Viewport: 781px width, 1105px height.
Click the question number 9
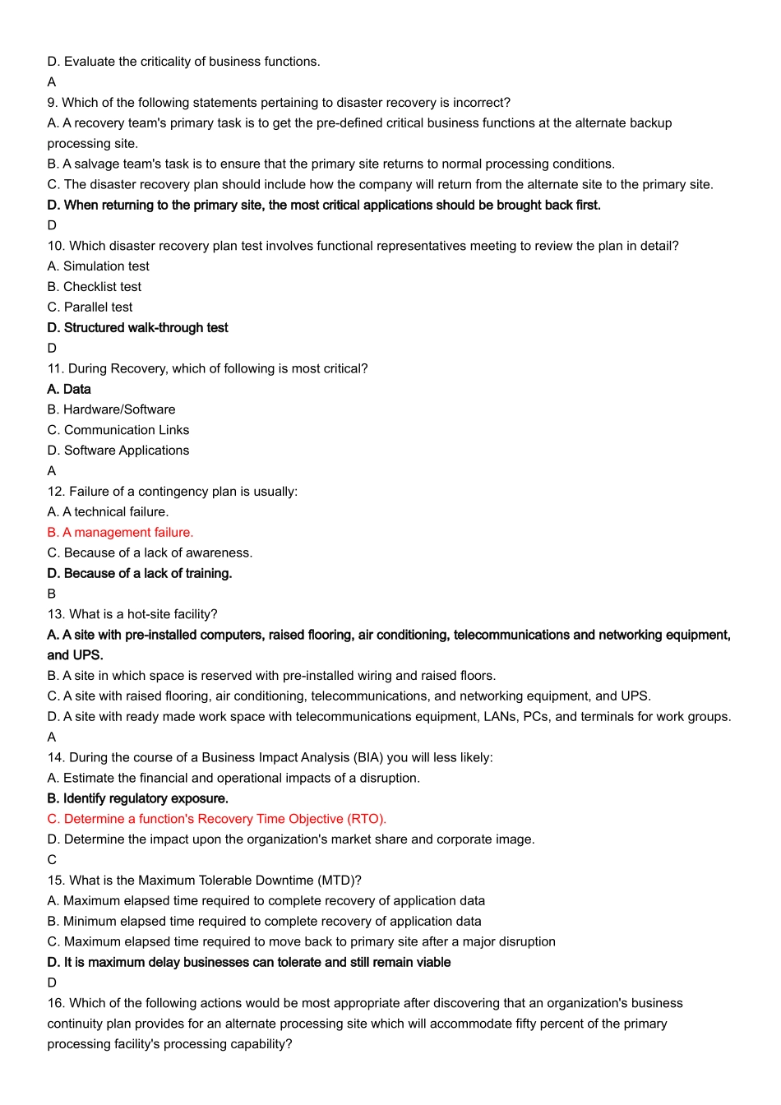click(x=53, y=103)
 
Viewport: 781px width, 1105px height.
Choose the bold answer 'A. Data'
click(x=69, y=390)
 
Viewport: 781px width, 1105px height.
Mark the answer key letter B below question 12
click(x=52, y=594)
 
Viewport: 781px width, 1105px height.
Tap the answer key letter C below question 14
click(x=52, y=860)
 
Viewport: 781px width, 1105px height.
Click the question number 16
click(x=56, y=1003)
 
